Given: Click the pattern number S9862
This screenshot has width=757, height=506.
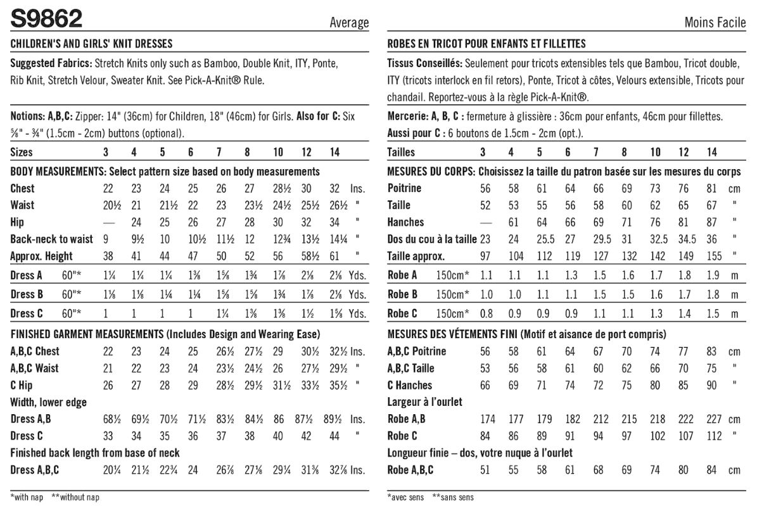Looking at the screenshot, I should [46, 19].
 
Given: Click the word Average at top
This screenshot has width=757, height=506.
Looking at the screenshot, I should [348, 23].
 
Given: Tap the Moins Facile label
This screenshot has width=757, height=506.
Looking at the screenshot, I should [715, 23].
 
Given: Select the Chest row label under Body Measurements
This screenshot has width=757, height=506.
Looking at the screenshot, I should [23, 188].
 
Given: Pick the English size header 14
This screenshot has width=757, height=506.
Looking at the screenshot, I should [334, 152].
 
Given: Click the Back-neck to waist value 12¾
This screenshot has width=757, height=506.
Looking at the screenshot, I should [277, 239].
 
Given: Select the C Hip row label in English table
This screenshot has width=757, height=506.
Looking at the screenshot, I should [22, 384].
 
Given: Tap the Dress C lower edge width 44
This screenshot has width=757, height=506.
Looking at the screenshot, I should [334, 436].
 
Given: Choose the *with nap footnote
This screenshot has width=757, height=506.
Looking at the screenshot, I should [27, 497].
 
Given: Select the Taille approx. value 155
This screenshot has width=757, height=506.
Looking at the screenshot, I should [712, 256].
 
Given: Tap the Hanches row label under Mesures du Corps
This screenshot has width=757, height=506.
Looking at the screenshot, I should [405, 222].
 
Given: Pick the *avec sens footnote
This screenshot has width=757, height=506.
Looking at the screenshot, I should [405, 497].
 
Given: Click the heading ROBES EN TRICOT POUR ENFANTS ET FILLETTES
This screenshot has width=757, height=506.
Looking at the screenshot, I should [486, 44].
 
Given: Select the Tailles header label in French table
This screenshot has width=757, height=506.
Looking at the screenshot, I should [401, 152].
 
